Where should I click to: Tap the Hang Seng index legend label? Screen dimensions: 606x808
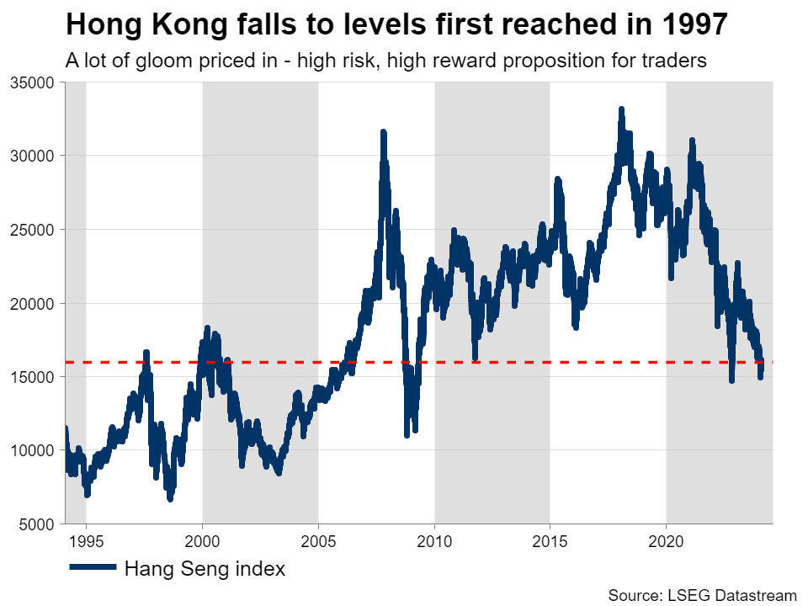[205, 569]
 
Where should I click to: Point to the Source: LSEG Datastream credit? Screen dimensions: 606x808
[702, 595]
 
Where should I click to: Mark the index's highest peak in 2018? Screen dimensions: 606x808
[621, 110]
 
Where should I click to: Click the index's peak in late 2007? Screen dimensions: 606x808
[383, 133]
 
